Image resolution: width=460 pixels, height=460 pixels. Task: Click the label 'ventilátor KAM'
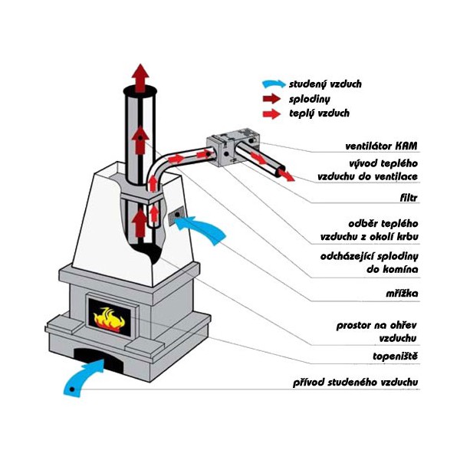tap(383, 145)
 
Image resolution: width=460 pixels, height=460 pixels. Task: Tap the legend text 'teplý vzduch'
tap(319, 113)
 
